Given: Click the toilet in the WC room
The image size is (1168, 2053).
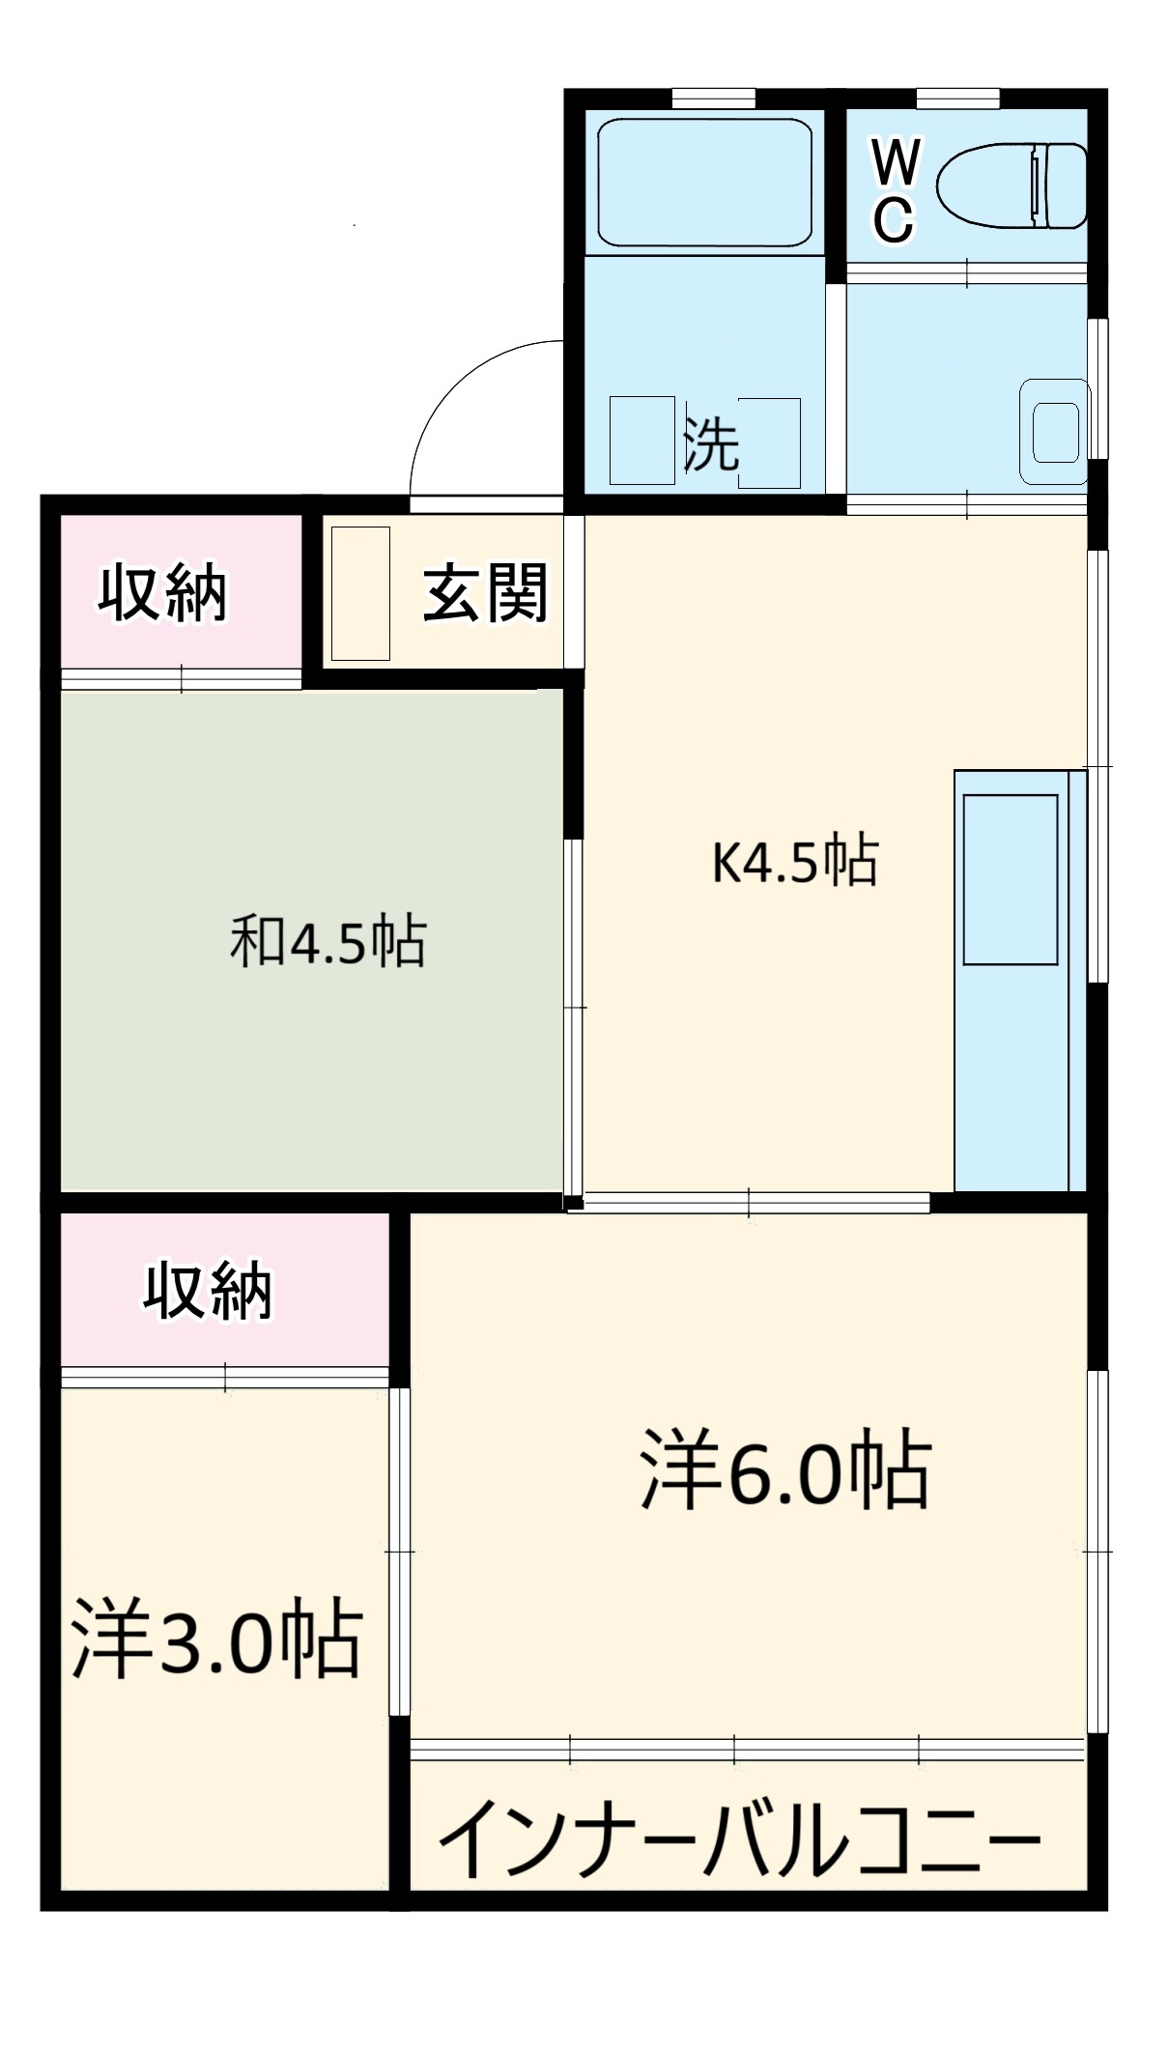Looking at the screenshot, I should pos(1011,185).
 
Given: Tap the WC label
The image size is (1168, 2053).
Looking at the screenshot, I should pos(895,190).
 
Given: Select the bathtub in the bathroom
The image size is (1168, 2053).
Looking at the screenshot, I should pos(703,183).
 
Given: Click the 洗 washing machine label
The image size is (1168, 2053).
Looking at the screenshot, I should pos(711,444).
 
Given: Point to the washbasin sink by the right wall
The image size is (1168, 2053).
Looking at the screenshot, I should pos(1055,431).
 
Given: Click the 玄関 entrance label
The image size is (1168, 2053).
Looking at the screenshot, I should pos(486,592).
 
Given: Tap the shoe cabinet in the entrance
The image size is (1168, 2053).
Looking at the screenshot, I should pos(360,593).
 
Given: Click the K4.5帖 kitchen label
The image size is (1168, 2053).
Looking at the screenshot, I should pos(794,862).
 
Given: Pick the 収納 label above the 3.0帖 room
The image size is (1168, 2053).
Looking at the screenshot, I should pos(209,1290).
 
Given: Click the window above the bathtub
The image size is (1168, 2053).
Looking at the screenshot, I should pos(713,98).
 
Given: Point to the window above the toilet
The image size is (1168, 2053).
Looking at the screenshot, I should pos(957,98).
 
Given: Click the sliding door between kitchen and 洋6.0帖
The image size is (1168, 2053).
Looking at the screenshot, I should pos(750,1202).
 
